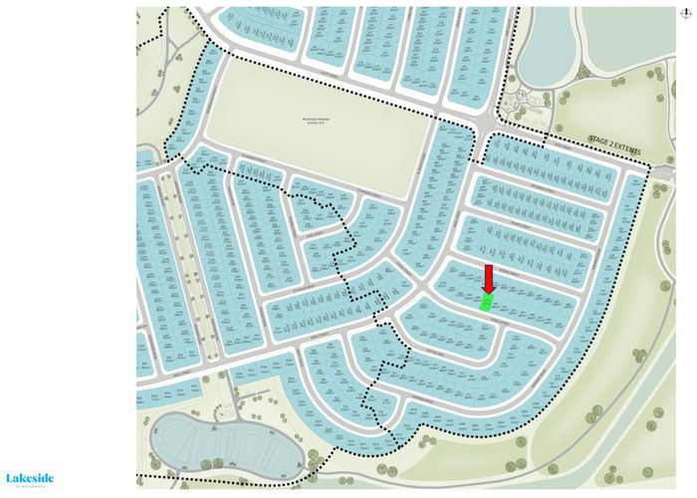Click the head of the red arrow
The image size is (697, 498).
coord(488,288)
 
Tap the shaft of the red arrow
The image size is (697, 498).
coord(488,274)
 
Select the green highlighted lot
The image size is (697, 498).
coord(487,303)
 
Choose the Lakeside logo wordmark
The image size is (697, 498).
coord(30,478)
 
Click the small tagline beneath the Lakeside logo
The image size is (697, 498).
coord(30,487)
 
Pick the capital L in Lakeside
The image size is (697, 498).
coord(10,478)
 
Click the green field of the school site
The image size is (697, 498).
coord(319,139)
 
